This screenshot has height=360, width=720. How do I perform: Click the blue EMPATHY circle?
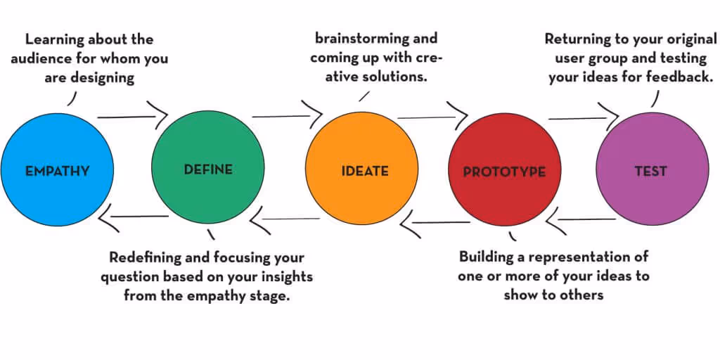point(57,170)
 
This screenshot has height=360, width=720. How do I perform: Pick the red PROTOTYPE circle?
point(503,171)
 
